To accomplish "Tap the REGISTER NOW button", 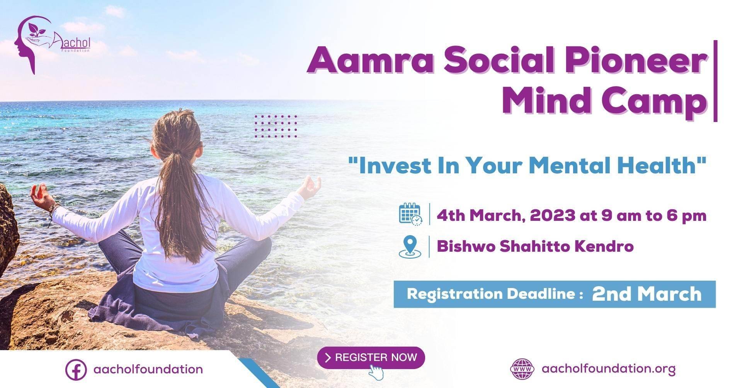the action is tap(371, 358).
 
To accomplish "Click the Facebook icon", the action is tap(76, 369).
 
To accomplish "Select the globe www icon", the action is tap(522, 369).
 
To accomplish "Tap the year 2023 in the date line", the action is tap(553, 215).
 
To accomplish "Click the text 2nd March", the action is tap(647, 294).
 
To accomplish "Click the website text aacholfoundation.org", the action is tap(609, 369).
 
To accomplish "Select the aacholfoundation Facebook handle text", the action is tap(148, 369).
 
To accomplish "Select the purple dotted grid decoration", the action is tap(276, 126).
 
